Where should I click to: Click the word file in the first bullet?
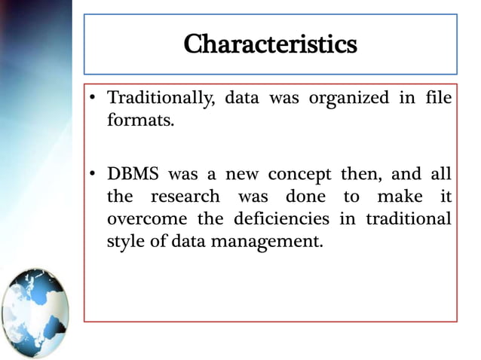pos(441,98)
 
